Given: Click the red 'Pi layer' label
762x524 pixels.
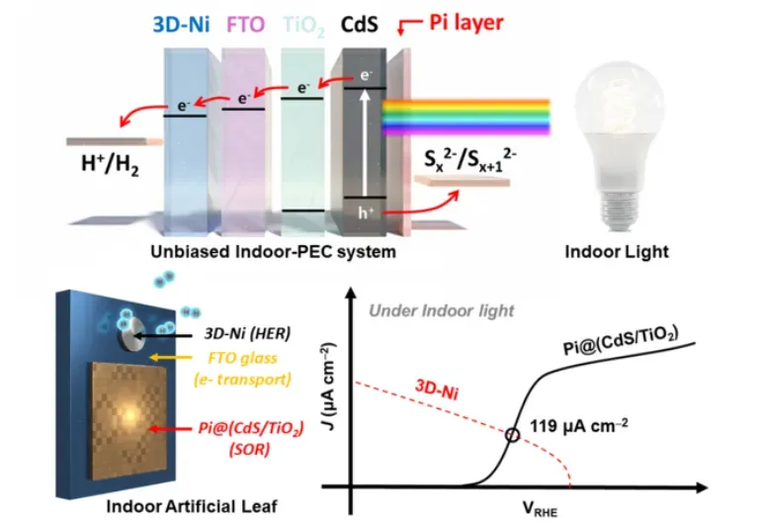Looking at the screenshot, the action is click(x=466, y=23).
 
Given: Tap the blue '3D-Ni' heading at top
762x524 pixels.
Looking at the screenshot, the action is click(x=181, y=25).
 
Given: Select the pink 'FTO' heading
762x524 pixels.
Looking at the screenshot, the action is click(x=245, y=25).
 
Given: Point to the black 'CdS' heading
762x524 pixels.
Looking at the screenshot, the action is click(x=359, y=25).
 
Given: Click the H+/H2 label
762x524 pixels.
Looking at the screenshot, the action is click(x=110, y=165).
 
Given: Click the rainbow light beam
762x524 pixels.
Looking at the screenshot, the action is click(x=466, y=117).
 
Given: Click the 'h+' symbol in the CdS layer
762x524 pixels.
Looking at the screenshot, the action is click(x=366, y=213).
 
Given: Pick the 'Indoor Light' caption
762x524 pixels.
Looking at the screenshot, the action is click(x=617, y=252).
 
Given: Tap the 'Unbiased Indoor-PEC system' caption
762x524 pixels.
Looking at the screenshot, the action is click(x=273, y=252).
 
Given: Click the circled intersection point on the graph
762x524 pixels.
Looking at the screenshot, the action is click(x=512, y=435).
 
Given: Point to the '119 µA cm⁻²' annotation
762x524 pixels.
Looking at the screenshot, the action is click(x=579, y=426).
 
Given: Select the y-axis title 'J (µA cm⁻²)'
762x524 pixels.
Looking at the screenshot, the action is click(x=329, y=387).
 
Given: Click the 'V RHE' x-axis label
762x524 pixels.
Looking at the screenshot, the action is click(x=540, y=509).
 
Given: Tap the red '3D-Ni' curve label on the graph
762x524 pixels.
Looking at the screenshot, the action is click(x=437, y=389).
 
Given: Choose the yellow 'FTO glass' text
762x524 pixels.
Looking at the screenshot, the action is click(x=242, y=358).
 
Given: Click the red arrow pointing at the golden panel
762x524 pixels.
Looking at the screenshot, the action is click(x=170, y=429).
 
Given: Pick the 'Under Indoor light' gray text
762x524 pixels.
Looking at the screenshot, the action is click(x=441, y=310).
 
